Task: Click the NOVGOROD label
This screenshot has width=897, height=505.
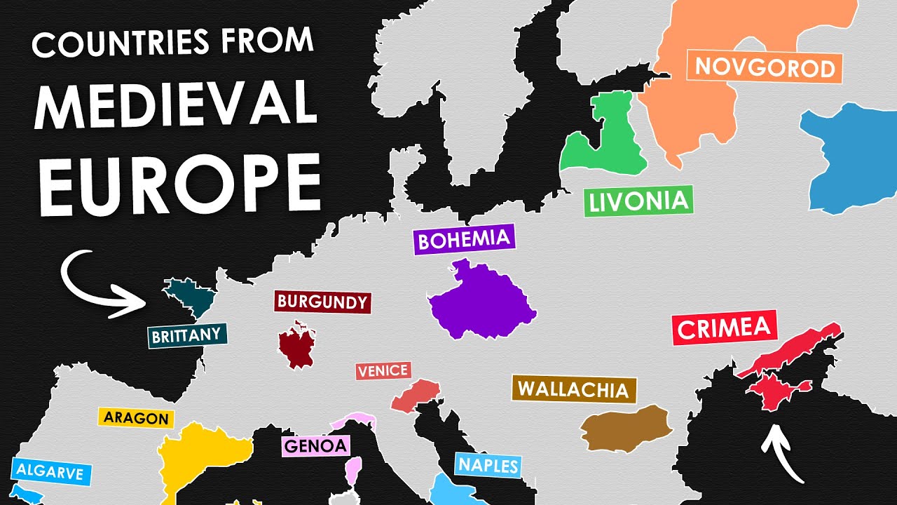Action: coord(765,67)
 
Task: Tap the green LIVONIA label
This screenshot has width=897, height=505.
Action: coord(638,201)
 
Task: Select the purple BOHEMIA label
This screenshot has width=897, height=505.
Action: coord(464,239)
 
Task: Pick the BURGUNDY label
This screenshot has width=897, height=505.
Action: coord(322,302)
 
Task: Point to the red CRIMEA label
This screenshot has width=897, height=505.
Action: coord(725,328)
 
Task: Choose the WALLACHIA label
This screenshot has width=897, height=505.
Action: coord(574,389)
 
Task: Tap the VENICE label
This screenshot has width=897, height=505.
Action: coord(383,371)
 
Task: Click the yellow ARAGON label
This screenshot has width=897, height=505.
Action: coord(136,418)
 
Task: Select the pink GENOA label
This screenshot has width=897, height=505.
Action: coord(315,445)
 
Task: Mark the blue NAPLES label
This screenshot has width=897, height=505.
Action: coord(488,465)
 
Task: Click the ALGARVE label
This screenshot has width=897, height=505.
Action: coord(48,471)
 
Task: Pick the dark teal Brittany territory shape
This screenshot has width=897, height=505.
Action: coord(192,297)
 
